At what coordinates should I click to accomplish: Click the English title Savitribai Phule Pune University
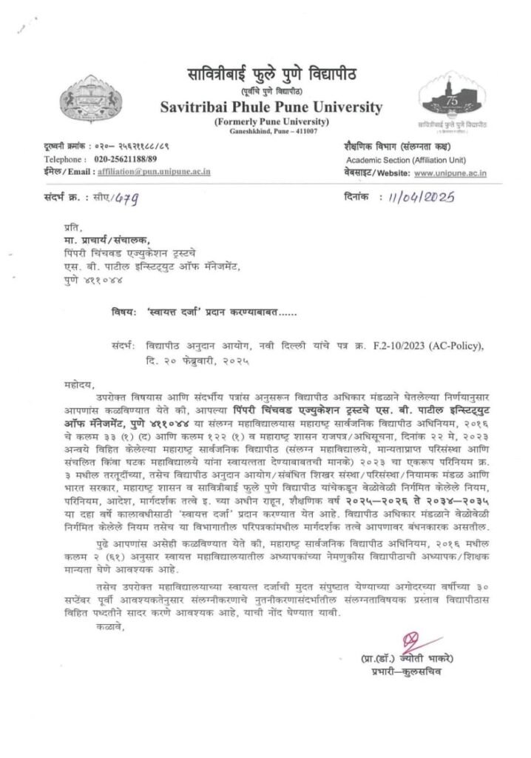point(271,107)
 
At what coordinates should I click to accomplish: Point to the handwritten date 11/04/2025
point(422,198)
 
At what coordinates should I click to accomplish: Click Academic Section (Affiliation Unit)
point(404,159)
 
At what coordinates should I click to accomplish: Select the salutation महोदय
point(77,386)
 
